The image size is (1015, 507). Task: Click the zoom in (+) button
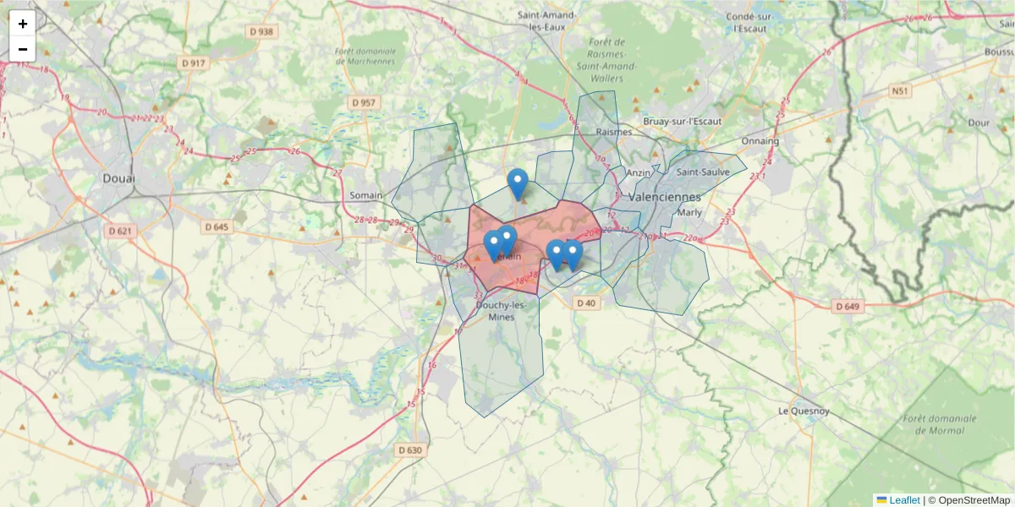pos(23,24)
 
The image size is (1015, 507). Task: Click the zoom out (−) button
pos(23,49)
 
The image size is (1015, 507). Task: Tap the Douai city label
pos(118,178)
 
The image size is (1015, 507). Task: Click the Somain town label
pos(366,195)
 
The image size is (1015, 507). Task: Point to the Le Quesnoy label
pos(804,412)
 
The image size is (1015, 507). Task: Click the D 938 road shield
pos(264,32)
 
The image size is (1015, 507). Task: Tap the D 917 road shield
pos(195,63)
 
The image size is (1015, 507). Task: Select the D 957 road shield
pos(363,102)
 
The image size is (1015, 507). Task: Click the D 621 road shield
pos(122,231)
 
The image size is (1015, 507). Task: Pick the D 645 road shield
pos(217,226)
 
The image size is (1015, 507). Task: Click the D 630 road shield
pos(409,450)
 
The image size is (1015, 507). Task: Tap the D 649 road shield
pos(846,306)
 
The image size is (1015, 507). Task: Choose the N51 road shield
pos(899,90)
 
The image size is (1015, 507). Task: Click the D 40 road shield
pos(585,303)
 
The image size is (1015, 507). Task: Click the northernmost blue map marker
pos(518,183)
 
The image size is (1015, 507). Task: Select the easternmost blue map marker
pos(573,253)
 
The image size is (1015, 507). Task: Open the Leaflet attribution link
pos(904,500)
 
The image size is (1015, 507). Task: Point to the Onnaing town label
pos(760,141)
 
